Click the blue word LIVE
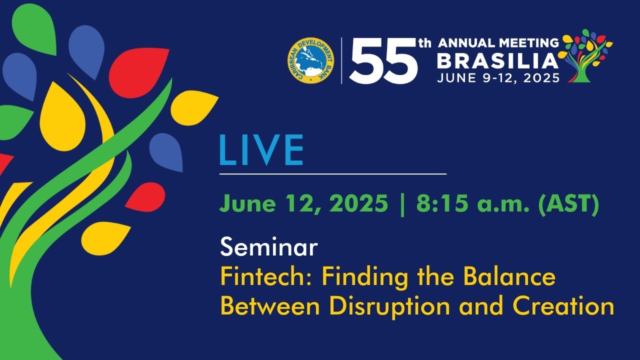click(x=261, y=150)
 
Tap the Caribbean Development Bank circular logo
click(x=311, y=60)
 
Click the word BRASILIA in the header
click(x=497, y=61)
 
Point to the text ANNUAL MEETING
click(x=498, y=43)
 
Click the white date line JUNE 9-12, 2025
click(x=498, y=77)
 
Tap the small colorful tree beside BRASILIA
click(x=585, y=55)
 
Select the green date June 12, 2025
click(x=304, y=203)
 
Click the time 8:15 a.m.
click(x=473, y=203)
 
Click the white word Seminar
click(x=269, y=247)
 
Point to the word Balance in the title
click(x=509, y=277)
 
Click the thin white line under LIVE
click(x=333, y=173)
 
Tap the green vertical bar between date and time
click(x=402, y=205)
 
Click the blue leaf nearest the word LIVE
click(x=167, y=151)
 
